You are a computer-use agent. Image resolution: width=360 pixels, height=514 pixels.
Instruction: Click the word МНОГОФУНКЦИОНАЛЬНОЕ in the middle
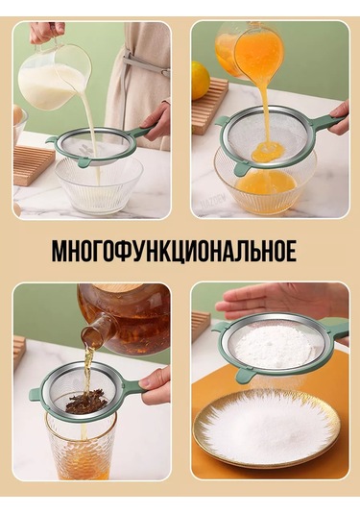point(175,252)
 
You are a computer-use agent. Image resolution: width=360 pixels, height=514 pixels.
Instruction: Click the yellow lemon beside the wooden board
point(200,81)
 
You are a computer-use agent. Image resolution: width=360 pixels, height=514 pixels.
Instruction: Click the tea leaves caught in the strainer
point(86,401)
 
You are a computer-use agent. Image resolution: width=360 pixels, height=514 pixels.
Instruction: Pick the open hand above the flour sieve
point(281,300)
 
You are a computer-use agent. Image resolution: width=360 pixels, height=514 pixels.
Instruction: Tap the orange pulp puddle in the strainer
point(267,152)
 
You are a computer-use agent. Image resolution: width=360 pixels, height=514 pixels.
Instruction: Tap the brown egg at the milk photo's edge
point(18,115)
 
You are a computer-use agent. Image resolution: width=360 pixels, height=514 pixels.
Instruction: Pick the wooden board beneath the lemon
point(209,105)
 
